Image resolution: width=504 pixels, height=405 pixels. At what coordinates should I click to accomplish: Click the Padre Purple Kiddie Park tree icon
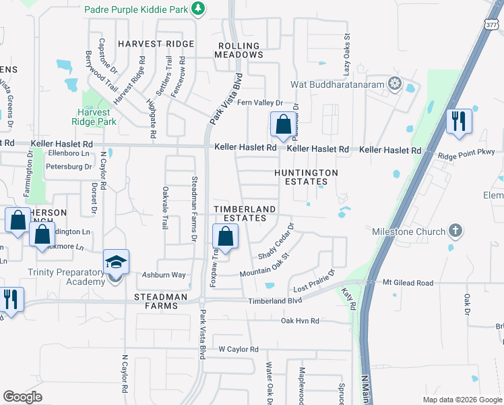pos(197,8)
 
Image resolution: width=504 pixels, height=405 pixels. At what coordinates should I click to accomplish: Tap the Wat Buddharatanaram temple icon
pos(394,85)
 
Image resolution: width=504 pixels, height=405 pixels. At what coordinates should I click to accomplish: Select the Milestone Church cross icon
pos(455,232)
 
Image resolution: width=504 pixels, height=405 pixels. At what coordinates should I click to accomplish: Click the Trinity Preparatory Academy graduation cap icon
pos(116,262)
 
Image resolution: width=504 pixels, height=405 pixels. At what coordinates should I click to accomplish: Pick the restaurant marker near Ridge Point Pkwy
pos(459,122)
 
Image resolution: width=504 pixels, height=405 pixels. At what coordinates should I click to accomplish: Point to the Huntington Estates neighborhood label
pos(306,177)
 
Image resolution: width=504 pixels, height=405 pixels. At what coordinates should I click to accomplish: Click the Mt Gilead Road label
pos(408,283)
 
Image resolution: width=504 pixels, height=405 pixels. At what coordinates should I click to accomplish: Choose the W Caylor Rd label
pos(238,349)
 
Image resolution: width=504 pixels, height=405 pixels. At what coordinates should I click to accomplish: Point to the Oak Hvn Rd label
pos(300,321)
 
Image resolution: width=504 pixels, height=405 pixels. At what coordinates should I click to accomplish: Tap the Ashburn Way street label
pos(163,275)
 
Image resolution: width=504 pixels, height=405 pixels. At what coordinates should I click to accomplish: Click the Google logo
pos(22,397)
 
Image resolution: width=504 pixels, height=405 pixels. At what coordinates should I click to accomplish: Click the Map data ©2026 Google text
pos(461,399)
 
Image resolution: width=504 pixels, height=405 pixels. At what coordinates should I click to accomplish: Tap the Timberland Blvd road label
pos(275,301)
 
